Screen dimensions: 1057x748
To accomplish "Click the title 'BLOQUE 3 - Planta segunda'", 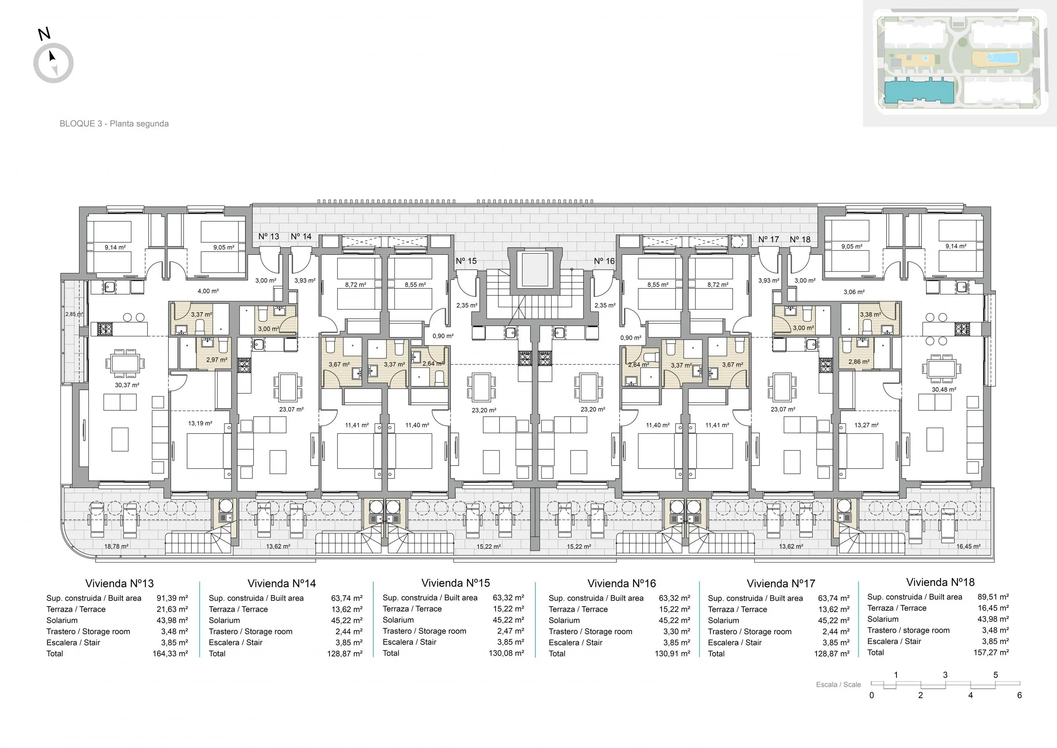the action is coord(114,123).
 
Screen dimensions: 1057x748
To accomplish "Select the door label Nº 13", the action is coord(269,236).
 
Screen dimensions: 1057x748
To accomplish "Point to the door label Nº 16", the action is coord(604,261).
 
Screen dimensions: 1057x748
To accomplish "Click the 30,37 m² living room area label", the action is coord(127,385).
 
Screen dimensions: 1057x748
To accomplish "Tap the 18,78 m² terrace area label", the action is coord(116,546).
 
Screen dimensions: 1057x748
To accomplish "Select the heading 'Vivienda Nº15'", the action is coord(455,583).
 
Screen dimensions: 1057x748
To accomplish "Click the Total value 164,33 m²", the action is coord(170,654).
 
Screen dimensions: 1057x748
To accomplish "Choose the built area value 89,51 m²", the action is coord(993,597).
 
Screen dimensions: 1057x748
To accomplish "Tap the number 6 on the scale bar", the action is coord(1019,695).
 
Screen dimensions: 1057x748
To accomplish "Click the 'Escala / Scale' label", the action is coord(838,684).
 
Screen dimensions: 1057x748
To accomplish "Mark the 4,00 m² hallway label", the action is coord(208,291).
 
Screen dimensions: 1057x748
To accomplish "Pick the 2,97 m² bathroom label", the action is coord(217,360).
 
